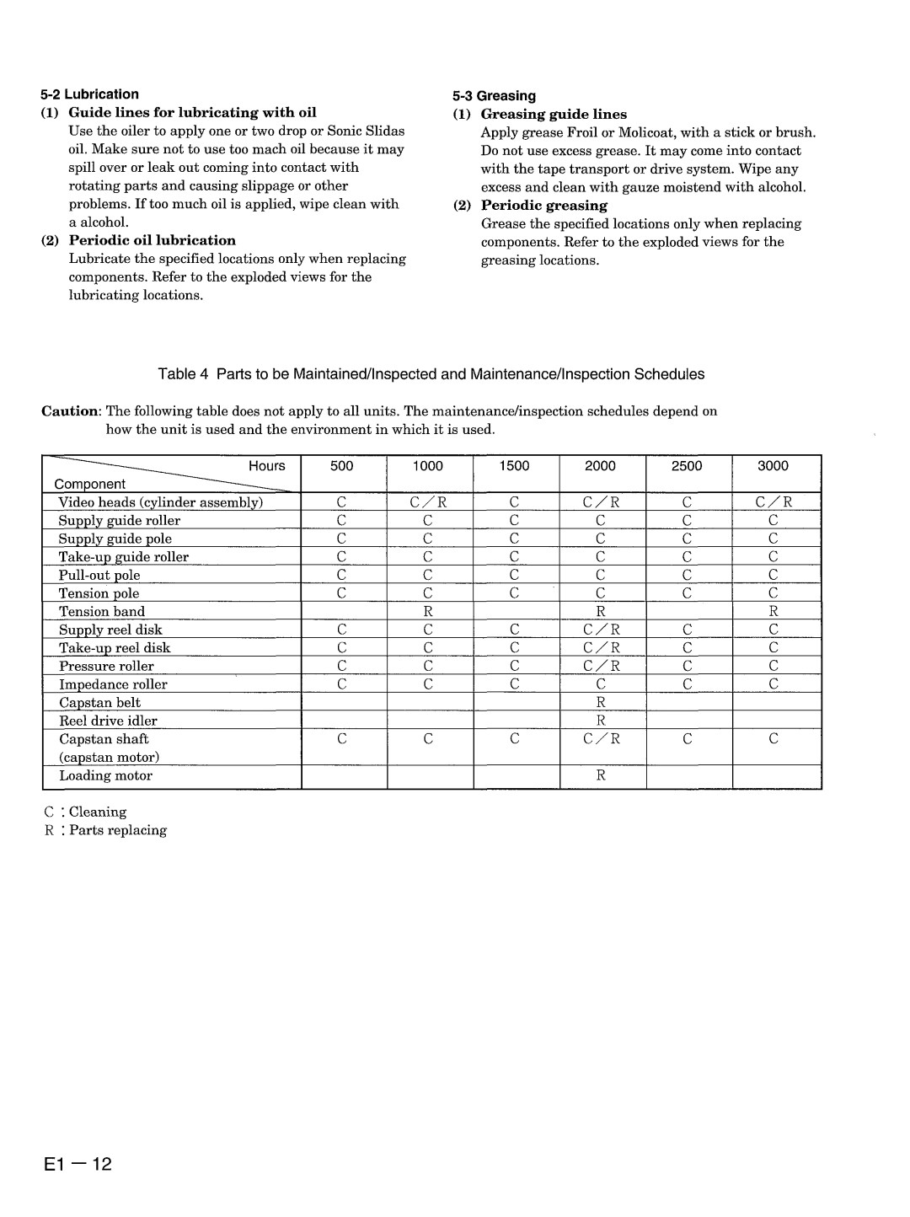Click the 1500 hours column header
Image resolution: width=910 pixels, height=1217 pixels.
pyautogui.click(x=514, y=466)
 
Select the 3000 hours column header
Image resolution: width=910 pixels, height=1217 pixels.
pyautogui.click(x=773, y=466)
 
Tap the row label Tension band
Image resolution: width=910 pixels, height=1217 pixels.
pyautogui.click(x=102, y=612)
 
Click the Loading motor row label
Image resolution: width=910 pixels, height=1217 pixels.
pyautogui.click(x=105, y=776)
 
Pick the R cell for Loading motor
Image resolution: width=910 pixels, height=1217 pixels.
pyautogui.click(x=602, y=776)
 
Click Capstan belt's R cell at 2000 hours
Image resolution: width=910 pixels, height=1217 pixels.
pyautogui.click(x=602, y=703)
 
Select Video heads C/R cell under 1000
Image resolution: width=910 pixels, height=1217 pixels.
pyautogui.click(x=427, y=502)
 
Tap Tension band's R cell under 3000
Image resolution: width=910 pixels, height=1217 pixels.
pyautogui.click(x=773, y=612)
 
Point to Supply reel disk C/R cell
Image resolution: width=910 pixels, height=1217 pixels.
pyautogui.click(x=602, y=630)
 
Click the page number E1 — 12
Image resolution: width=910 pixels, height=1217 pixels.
pyautogui.click(x=77, y=1142)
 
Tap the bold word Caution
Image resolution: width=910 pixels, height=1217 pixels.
pyautogui.click(x=71, y=411)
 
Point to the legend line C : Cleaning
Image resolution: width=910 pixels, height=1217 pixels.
pyautogui.click(x=85, y=812)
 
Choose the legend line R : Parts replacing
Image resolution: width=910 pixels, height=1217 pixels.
pyautogui.click(x=105, y=831)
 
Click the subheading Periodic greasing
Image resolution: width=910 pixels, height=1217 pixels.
pyautogui.click(x=543, y=206)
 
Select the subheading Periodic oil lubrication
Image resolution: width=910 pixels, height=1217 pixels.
pyautogui.click(x=152, y=241)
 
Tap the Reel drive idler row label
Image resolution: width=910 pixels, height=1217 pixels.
pyautogui.click(x=108, y=721)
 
